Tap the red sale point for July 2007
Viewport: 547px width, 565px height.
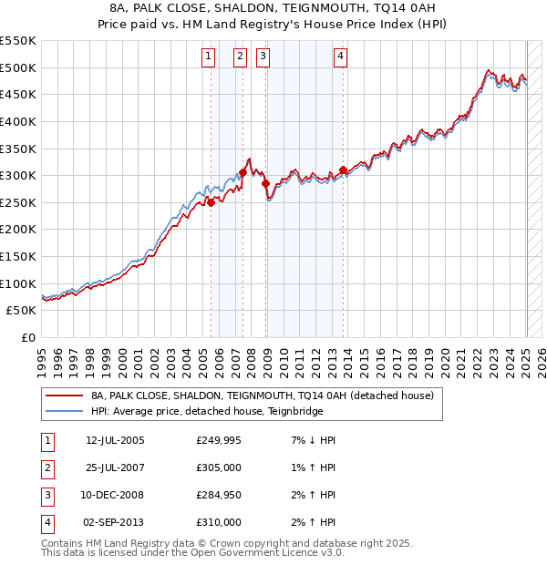(x=243, y=172)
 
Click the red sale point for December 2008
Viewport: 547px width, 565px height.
(x=266, y=183)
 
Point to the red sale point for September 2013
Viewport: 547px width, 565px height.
(x=343, y=169)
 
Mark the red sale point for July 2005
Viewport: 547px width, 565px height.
(x=211, y=202)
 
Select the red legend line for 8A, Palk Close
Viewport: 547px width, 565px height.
(x=64, y=395)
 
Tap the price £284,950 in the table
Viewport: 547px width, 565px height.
(x=219, y=496)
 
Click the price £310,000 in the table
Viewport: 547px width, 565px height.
(x=219, y=522)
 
